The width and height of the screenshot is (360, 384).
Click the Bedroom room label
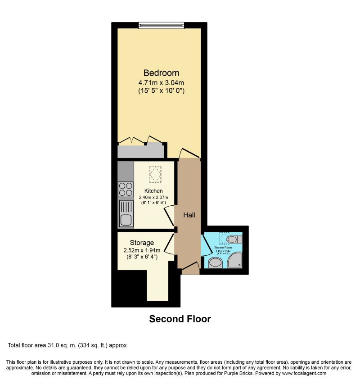161,73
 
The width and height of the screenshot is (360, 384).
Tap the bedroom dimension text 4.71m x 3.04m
162,82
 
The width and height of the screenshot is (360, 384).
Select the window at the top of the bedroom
162,25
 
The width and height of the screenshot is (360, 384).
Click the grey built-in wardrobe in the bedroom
140,150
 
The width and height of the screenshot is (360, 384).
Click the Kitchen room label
153,191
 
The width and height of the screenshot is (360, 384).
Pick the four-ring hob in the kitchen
126,189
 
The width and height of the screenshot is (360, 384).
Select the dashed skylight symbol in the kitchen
155,175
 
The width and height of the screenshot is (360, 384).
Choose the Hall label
189,215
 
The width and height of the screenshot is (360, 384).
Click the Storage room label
142,243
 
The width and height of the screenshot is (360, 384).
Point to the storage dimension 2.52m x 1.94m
142,250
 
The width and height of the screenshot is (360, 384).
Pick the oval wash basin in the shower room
215,262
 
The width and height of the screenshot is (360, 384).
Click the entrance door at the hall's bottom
190,269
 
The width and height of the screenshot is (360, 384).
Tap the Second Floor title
180,319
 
